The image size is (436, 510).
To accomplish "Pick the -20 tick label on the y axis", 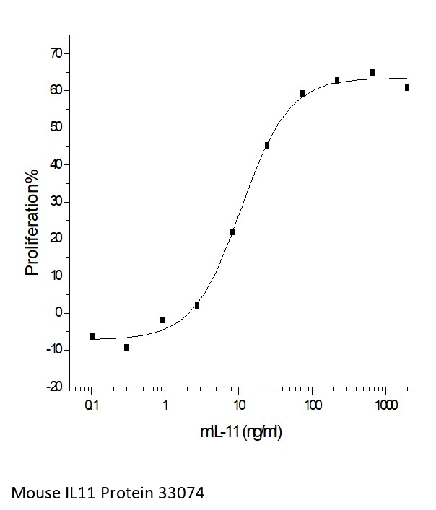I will click(x=53, y=387).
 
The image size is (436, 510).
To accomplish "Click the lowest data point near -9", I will click(x=127, y=347).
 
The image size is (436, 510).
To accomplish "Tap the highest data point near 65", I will click(x=372, y=72).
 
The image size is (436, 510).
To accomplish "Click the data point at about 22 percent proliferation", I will click(x=232, y=232).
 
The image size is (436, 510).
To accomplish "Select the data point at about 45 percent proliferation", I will click(x=267, y=146).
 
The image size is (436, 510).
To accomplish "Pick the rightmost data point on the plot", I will click(x=407, y=87).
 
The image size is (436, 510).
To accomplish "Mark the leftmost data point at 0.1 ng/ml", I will click(x=92, y=336).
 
